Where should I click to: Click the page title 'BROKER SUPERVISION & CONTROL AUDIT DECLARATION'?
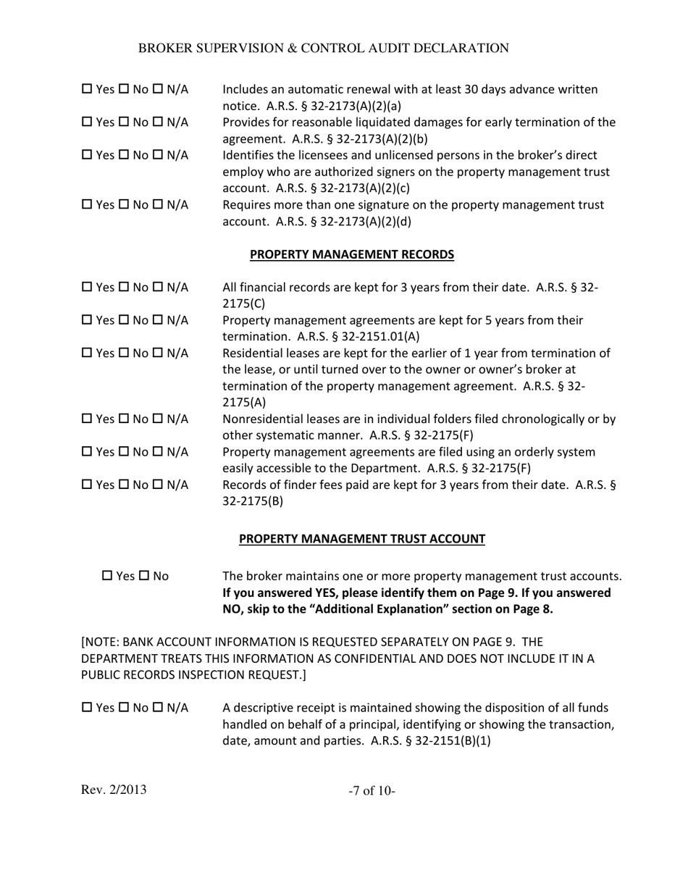(x=323, y=49)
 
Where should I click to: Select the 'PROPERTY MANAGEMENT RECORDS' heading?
(x=352, y=254)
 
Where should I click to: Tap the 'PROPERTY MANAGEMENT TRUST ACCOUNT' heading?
(x=361, y=539)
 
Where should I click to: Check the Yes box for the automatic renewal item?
(x=87, y=90)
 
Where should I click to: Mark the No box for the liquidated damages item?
(x=124, y=122)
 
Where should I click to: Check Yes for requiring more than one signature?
(x=87, y=205)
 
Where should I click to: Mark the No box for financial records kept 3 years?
(x=124, y=288)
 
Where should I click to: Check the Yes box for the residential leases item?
(x=87, y=354)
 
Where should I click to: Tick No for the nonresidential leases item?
(x=124, y=419)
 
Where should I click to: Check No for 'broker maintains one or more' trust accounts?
(x=143, y=576)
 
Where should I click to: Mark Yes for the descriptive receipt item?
(x=87, y=708)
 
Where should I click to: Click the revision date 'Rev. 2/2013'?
(x=114, y=790)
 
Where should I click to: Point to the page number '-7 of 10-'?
(x=372, y=791)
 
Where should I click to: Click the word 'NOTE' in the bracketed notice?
(x=102, y=642)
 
